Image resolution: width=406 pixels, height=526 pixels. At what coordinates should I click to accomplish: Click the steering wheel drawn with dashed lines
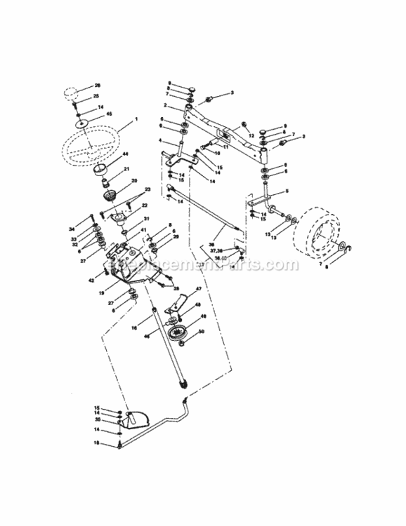91,144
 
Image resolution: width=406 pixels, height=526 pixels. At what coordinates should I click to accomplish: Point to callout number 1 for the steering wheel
136,120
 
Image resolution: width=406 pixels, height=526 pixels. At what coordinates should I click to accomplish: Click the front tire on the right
322,234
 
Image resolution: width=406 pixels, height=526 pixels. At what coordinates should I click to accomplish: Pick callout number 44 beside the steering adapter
126,154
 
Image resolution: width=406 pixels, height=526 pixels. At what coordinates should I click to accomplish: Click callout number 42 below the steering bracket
91,281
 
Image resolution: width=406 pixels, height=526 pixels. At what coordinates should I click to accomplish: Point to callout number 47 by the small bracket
198,289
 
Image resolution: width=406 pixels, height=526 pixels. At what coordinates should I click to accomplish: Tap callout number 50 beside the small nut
201,331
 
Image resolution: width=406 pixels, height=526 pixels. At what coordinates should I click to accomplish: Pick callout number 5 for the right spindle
287,191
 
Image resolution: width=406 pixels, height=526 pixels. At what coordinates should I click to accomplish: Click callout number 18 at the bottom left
97,443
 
